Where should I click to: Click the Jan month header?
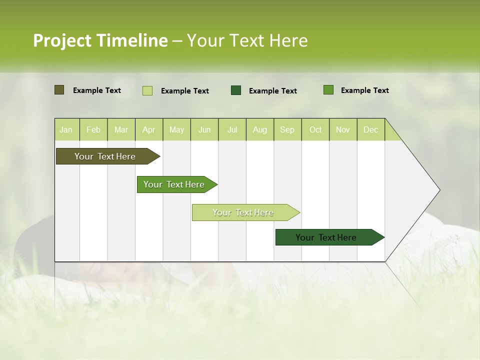[x=66, y=130]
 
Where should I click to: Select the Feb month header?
[x=93, y=130]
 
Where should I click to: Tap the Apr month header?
[x=148, y=130]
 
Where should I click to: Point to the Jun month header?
[x=204, y=130]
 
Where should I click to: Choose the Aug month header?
[x=259, y=130]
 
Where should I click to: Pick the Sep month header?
[x=287, y=130]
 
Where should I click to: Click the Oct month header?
[x=315, y=130]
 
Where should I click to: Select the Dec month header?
[x=370, y=130]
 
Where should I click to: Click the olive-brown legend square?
[x=59, y=90]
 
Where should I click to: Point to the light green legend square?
[x=147, y=90]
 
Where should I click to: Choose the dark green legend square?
[x=236, y=90]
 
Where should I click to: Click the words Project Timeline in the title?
[x=100, y=40]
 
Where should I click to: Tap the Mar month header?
[x=121, y=130]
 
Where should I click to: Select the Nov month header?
[x=342, y=130]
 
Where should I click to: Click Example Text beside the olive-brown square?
[x=96, y=90]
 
